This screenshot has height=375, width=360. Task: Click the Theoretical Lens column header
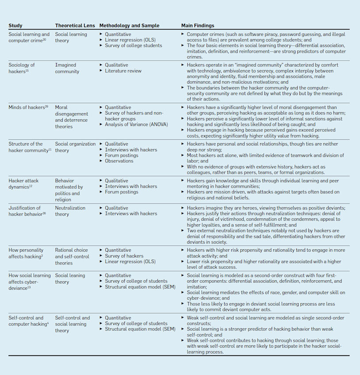pos(74,26)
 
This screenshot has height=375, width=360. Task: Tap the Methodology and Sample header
pos(129,26)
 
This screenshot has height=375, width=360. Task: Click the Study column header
pos(15,26)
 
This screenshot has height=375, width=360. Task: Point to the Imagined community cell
pos(67,68)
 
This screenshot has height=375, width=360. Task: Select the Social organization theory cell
pos(75,147)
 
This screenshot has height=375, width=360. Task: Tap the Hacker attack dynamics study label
pos(24,184)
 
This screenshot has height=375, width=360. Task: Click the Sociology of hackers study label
pos(22,68)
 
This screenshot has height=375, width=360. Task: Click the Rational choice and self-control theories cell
pos(72,256)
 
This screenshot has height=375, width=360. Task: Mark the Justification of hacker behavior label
pos(26,211)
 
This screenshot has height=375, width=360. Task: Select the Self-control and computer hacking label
pos(28,321)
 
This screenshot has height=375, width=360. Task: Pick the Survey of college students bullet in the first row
pos(133,46)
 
